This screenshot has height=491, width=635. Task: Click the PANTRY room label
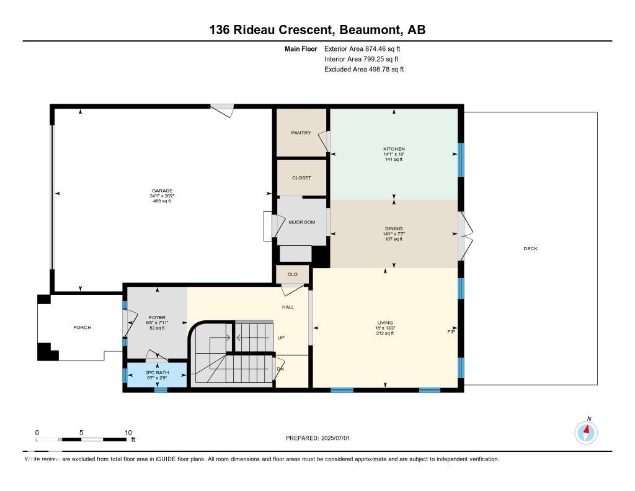pos(301,133)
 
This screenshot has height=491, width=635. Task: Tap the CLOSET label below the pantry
pos(301,178)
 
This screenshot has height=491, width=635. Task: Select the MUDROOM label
pos(302,222)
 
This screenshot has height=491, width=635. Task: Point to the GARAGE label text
pos(162,191)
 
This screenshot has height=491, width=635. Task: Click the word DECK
pos(530,249)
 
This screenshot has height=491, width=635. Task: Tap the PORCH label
pos(82,328)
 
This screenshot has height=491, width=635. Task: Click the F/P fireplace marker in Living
pos(451,332)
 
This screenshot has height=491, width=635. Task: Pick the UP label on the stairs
pos(281,338)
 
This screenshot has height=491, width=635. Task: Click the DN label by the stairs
pos(280,369)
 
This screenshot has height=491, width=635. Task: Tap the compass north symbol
pos(587,432)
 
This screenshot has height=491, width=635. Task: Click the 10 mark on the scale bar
pos(128,433)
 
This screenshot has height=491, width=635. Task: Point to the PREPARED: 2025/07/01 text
pos(317,438)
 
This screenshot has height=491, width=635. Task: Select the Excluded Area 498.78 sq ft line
pos(364,70)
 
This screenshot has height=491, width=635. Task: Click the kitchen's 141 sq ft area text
pos(393,160)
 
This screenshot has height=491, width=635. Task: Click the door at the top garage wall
pos(222,110)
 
